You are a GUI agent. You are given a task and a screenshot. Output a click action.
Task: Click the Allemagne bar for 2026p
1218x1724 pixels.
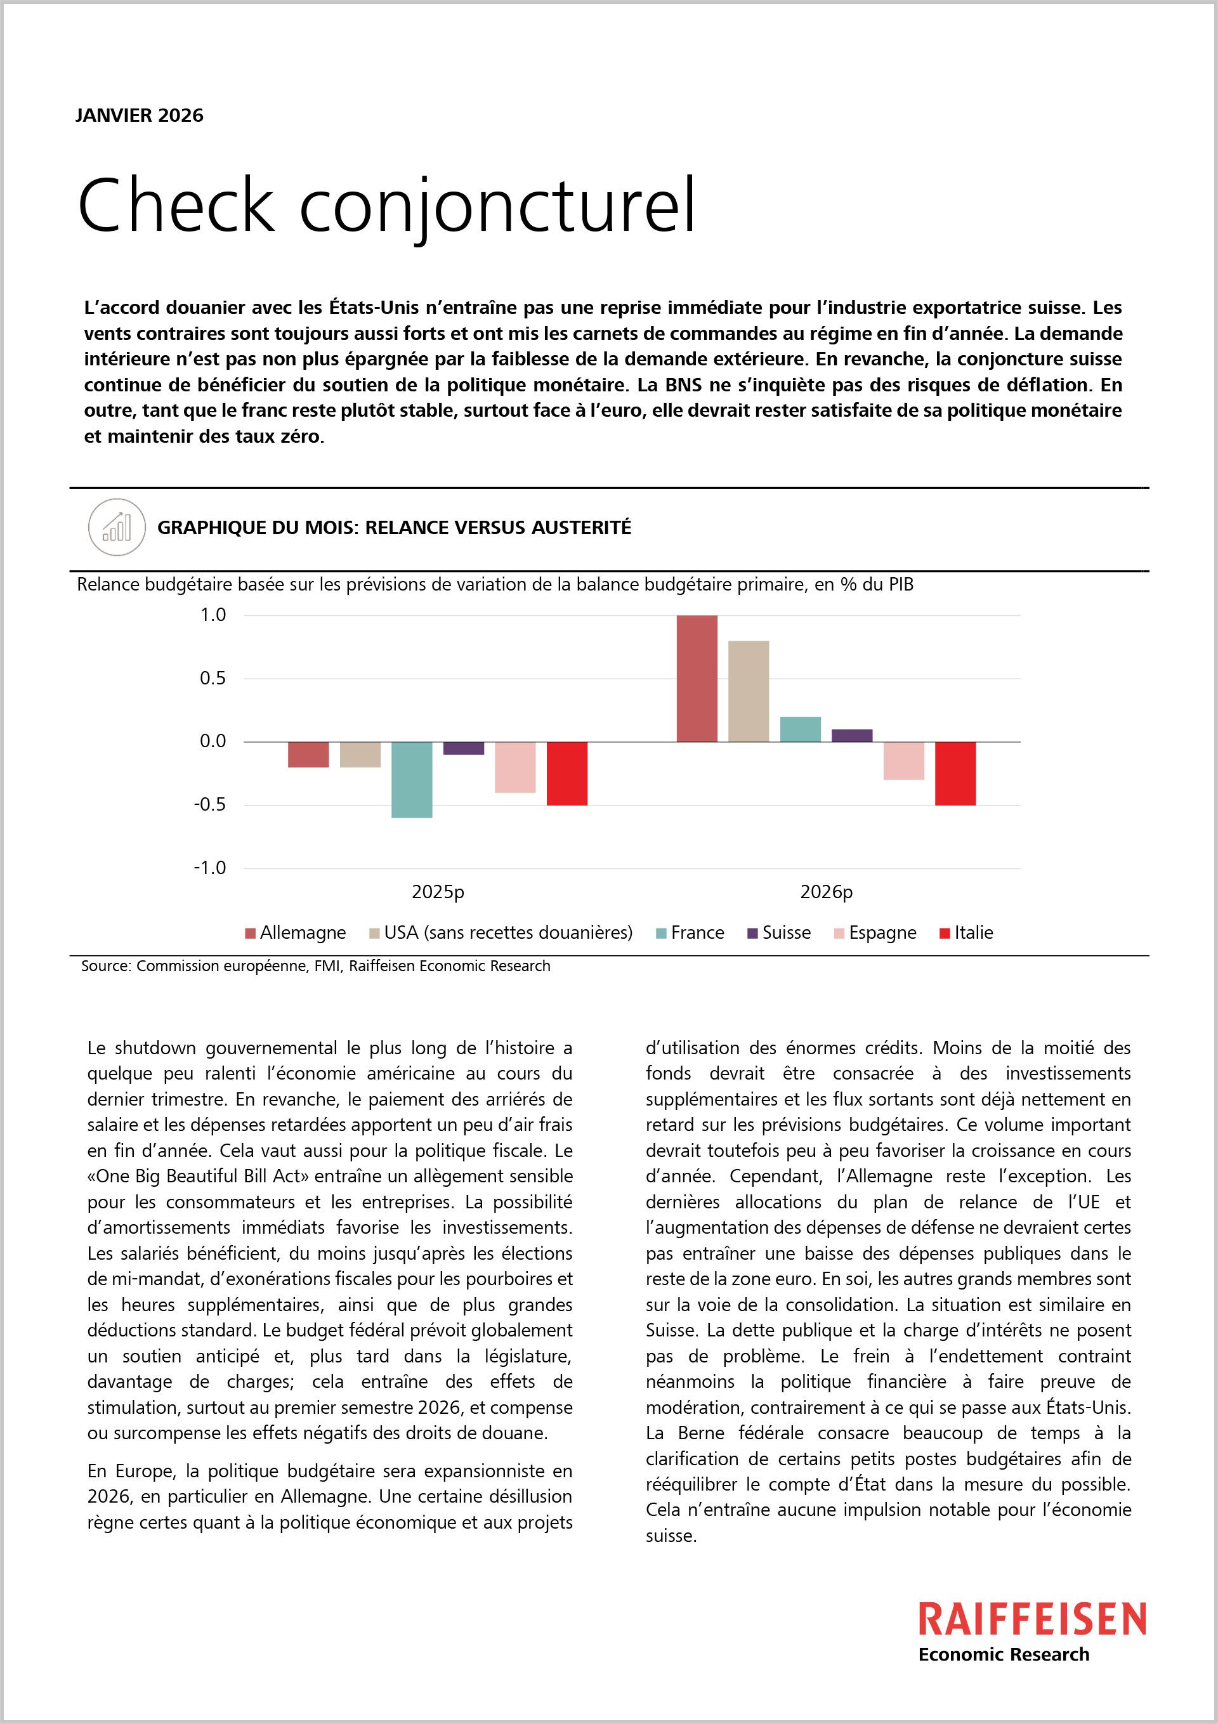(x=696, y=678)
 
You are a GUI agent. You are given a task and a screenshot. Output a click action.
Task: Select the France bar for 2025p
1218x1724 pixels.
(x=412, y=780)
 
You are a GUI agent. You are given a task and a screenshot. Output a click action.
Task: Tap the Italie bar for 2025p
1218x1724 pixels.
(x=566, y=773)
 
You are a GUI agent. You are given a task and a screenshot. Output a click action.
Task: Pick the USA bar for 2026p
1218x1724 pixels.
(x=748, y=691)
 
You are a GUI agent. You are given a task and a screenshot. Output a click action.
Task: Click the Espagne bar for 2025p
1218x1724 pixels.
(x=515, y=767)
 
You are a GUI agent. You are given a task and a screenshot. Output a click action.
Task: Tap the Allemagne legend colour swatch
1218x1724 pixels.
(x=251, y=933)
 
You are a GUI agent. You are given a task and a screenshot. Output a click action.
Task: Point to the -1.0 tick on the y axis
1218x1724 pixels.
(x=209, y=868)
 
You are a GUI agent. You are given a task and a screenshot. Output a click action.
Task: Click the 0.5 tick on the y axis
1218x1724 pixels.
(x=213, y=678)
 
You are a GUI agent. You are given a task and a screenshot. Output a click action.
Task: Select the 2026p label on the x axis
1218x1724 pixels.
(x=826, y=892)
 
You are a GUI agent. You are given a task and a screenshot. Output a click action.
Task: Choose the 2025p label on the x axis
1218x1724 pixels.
(x=438, y=892)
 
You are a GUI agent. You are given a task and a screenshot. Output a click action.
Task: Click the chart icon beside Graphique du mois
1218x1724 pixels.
(x=116, y=528)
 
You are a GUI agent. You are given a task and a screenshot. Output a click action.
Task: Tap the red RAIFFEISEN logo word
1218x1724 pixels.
(x=1033, y=1619)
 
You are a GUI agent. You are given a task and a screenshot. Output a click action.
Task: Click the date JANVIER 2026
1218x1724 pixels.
(x=139, y=115)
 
